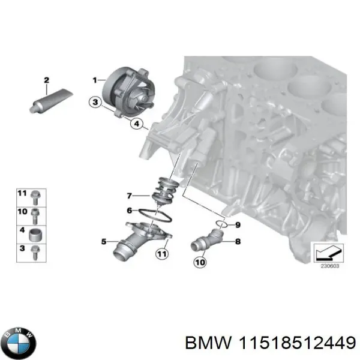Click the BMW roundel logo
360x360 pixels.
(19, 343)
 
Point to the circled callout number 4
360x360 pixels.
(137, 125)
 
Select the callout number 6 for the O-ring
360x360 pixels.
(130, 211)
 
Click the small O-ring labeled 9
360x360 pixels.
(221, 224)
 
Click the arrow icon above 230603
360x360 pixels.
(328, 253)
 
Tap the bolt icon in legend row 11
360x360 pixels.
(35, 195)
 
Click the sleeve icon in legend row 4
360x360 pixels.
(36, 232)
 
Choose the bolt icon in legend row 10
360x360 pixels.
(35, 213)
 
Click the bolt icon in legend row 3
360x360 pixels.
(36, 251)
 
